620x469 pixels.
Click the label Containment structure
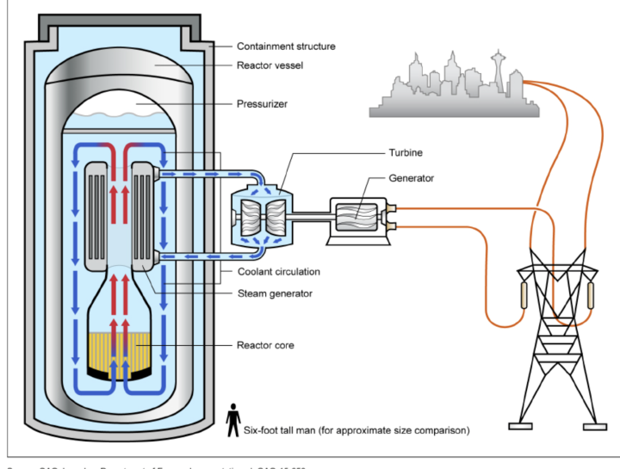click(286, 46)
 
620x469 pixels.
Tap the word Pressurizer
click(262, 105)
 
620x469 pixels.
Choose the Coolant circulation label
click(278, 272)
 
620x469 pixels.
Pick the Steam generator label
click(275, 293)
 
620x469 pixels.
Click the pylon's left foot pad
click(520, 425)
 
